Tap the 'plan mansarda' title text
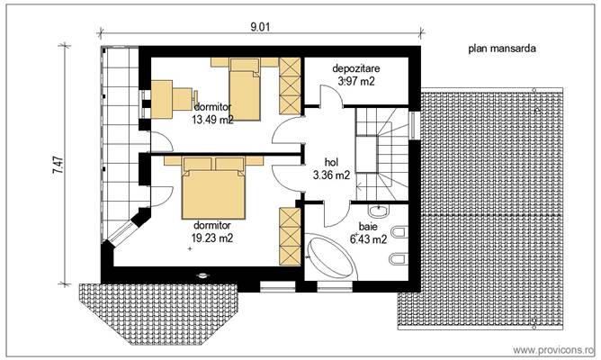(x=501, y=51)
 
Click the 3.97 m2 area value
(x=355, y=81)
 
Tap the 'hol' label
(x=331, y=164)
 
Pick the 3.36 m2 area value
(x=331, y=176)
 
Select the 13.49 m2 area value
(x=213, y=117)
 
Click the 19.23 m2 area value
(x=212, y=238)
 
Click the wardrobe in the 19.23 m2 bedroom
(x=290, y=236)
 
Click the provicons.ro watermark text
(x=554, y=346)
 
